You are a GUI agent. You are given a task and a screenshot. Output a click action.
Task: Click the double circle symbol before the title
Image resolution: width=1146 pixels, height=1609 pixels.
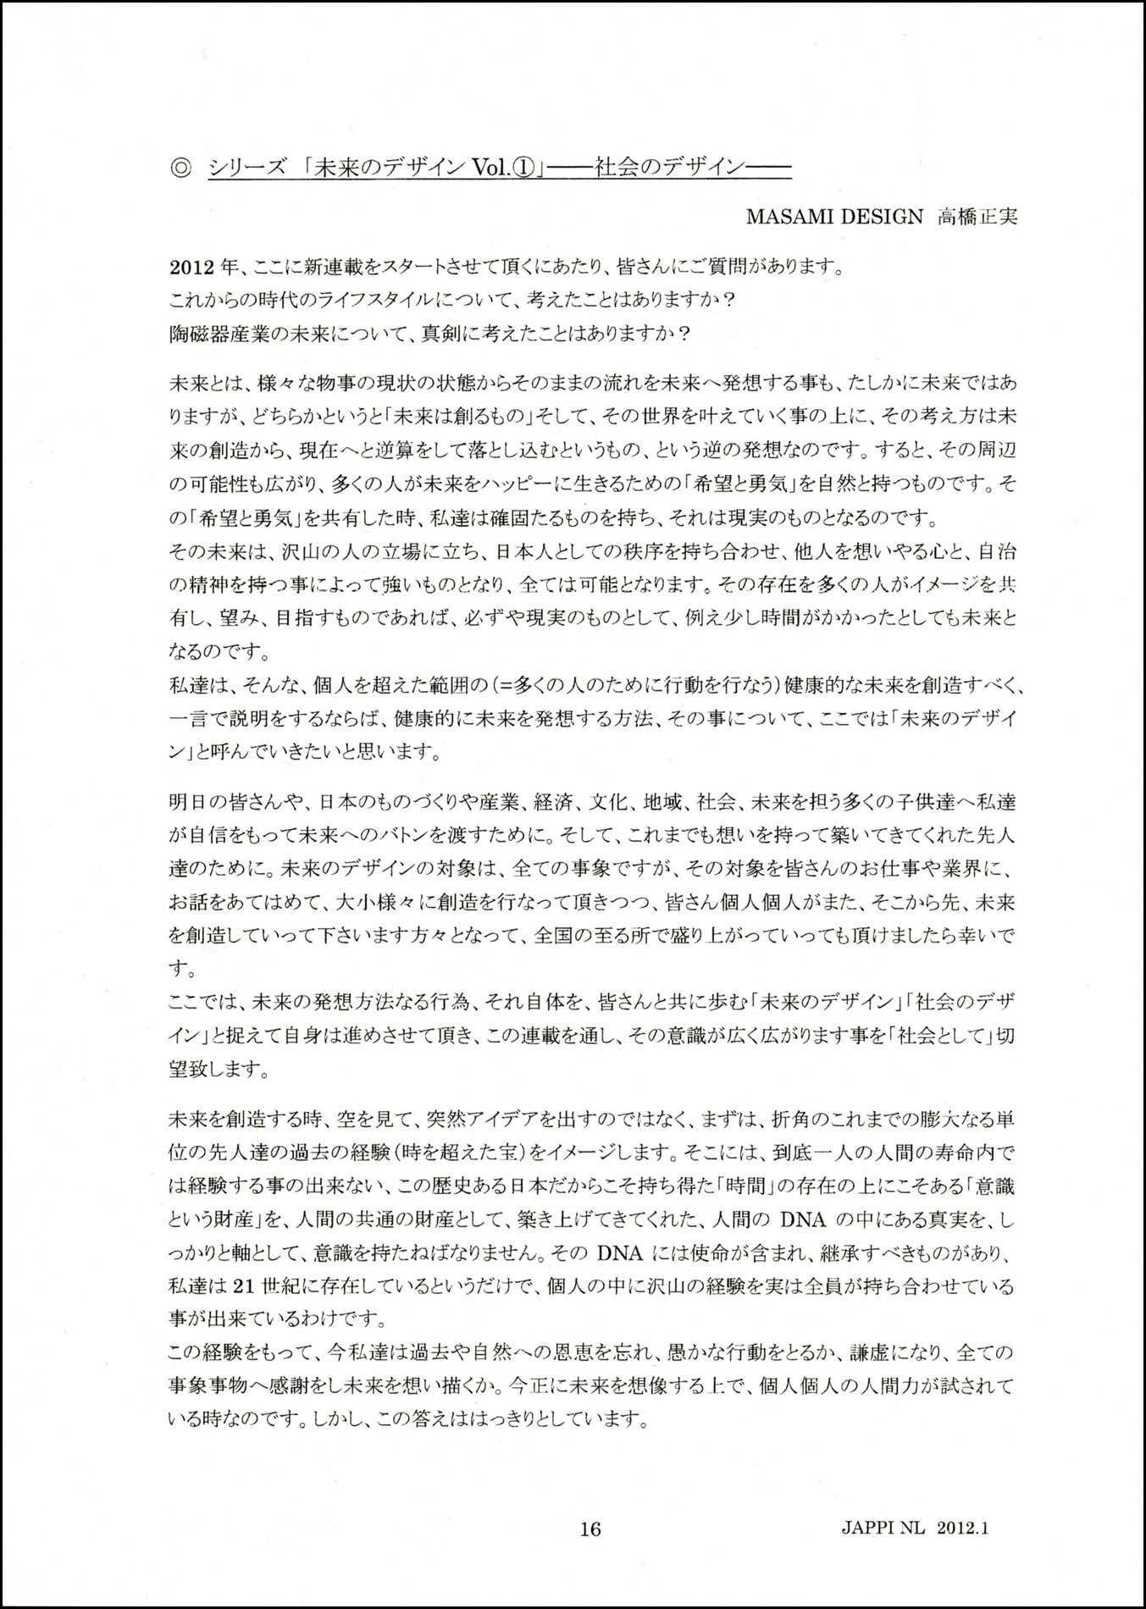click(181, 168)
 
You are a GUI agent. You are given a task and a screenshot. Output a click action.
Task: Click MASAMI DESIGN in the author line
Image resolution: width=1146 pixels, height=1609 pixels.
click(834, 216)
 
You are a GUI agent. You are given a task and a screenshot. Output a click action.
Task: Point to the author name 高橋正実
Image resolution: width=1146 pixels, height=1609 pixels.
click(976, 216)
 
